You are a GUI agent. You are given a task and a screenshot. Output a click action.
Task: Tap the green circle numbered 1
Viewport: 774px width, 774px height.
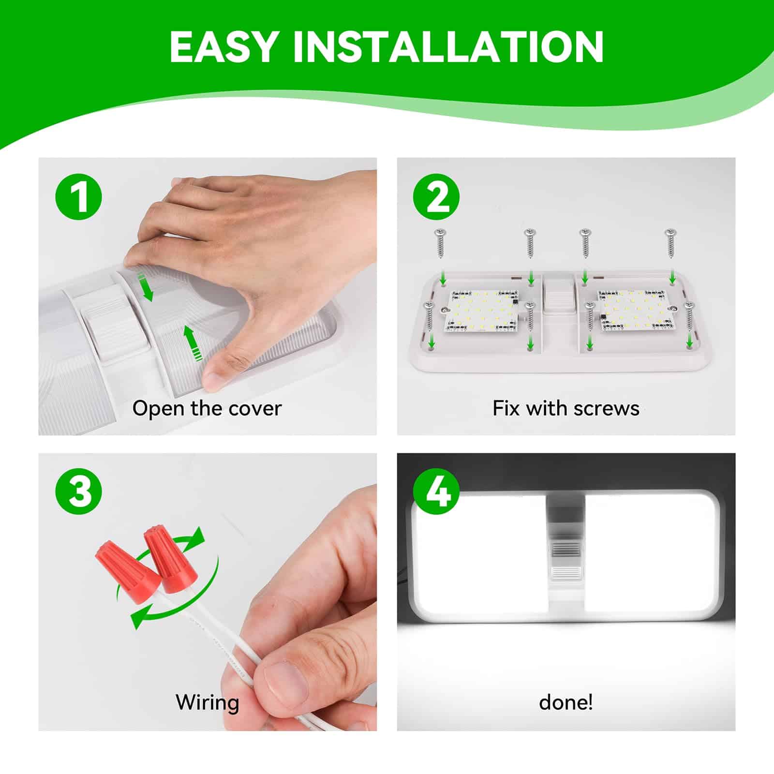pos(78,197)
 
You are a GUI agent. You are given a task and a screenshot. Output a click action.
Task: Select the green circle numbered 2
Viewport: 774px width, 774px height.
pos(436,197)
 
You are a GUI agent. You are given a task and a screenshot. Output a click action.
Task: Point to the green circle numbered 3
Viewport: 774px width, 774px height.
pos(78,492)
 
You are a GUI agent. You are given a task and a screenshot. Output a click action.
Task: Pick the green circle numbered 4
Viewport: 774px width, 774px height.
pos(436,492)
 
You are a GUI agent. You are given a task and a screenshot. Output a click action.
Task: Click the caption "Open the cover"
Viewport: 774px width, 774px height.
pos(207,409)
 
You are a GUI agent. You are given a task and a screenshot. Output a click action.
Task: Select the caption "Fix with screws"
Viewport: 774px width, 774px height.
pos(566,409)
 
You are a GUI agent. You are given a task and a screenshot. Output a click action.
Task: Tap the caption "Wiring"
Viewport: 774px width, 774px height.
pos(207,703)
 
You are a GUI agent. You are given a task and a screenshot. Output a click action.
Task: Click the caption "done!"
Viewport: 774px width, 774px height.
pos(566,702)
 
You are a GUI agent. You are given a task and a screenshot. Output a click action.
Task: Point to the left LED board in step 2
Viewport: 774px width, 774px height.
pos(482,313)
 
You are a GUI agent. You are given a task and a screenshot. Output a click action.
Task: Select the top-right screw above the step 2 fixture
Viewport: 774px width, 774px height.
pos(670,243)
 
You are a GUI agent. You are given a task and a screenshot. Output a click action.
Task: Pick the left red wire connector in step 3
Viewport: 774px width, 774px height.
pos(129,570)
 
